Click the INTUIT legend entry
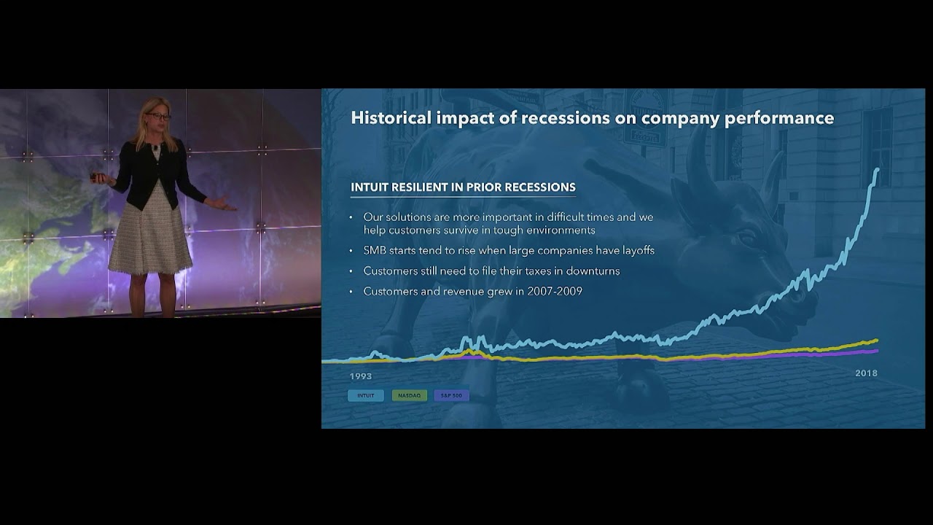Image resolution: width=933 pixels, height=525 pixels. (366, 395)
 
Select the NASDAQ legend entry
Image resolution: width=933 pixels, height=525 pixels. (409, 395)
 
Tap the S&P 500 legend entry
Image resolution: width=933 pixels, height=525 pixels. (452, 395)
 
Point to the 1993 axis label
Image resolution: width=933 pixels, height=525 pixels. (361, 376)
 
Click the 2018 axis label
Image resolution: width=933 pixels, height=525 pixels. (866, 373)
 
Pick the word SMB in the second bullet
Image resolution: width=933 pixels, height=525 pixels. (375, 250)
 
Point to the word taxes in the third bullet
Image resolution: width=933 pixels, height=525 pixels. (536, 271)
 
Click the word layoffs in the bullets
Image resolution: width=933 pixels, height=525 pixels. (636, 250)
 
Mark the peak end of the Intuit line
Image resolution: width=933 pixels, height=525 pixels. (877, 170)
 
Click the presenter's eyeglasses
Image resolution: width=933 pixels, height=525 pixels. (157, 116)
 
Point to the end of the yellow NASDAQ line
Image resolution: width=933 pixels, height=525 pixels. (877, 340)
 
